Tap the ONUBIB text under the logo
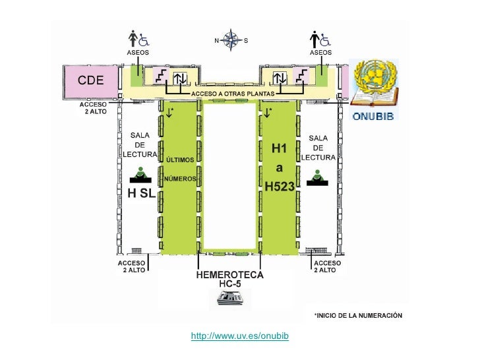pos(374,117)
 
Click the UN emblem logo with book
pos(374,83)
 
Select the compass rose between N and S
pos(231,40)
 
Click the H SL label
pos(141,193)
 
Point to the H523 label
pos(279,187)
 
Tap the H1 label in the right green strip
pos(280,149)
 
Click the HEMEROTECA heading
pos(230,274)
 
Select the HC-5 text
pos(230,284)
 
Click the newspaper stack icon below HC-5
pos(230,299)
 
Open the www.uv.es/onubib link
pos(240,337)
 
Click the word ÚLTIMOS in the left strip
pos(179,160)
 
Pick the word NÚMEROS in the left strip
pos(179,179)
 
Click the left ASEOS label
pos(138,51)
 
